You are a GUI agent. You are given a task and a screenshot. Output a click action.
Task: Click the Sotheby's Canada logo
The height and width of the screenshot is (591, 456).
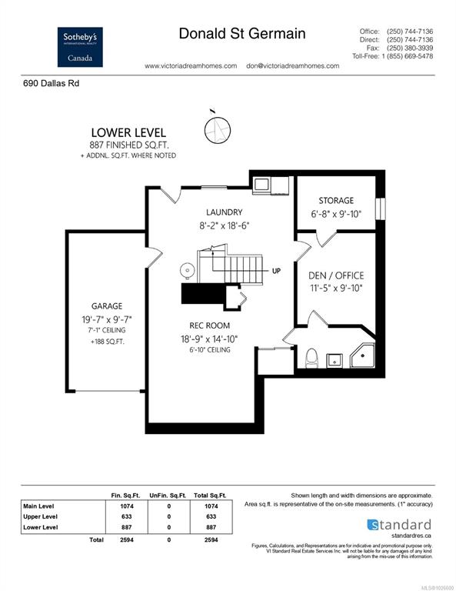[80, 47]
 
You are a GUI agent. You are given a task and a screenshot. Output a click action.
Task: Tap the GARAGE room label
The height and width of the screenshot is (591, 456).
[107, 306]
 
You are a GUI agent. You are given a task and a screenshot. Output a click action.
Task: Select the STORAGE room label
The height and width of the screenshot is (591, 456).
[336, 201]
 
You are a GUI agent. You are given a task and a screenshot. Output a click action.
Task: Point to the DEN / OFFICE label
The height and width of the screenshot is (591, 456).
[336, 275]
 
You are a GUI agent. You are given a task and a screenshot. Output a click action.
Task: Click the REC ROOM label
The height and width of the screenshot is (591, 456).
[209, 326]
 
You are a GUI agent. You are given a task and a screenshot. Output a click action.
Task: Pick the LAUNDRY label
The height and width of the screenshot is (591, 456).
[224, 212]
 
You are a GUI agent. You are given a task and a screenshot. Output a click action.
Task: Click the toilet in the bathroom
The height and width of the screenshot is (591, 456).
[311, 358]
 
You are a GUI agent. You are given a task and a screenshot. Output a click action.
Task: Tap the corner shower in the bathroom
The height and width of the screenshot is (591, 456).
[362, 356]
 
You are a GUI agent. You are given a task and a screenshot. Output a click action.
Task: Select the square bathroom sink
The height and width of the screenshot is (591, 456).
[334, 360]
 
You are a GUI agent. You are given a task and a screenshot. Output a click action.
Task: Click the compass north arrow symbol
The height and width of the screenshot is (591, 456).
[218, 129]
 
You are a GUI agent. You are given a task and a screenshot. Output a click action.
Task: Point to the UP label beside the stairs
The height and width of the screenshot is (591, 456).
[276, 271]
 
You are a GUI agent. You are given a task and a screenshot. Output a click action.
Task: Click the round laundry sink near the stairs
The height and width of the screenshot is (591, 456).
[187, 271]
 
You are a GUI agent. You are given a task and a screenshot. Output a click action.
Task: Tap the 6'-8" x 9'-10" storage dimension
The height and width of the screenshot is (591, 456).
[336, 214]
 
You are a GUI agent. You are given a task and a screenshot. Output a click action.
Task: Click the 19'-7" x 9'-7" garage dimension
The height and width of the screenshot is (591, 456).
[107, 319]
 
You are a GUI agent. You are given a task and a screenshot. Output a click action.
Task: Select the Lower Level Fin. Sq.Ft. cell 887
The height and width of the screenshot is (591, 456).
[127, 527]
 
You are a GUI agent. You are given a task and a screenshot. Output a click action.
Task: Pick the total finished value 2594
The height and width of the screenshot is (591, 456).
[127, 539]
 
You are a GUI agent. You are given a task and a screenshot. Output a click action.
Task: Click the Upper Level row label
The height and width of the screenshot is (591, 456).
[40, 517]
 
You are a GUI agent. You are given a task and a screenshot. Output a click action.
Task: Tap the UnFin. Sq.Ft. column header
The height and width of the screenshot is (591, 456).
[168, 496]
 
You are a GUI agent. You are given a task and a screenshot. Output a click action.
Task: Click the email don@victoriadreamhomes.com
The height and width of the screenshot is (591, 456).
[292, 66]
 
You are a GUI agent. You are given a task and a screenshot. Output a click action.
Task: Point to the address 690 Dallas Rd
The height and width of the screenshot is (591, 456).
[52, 83]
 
